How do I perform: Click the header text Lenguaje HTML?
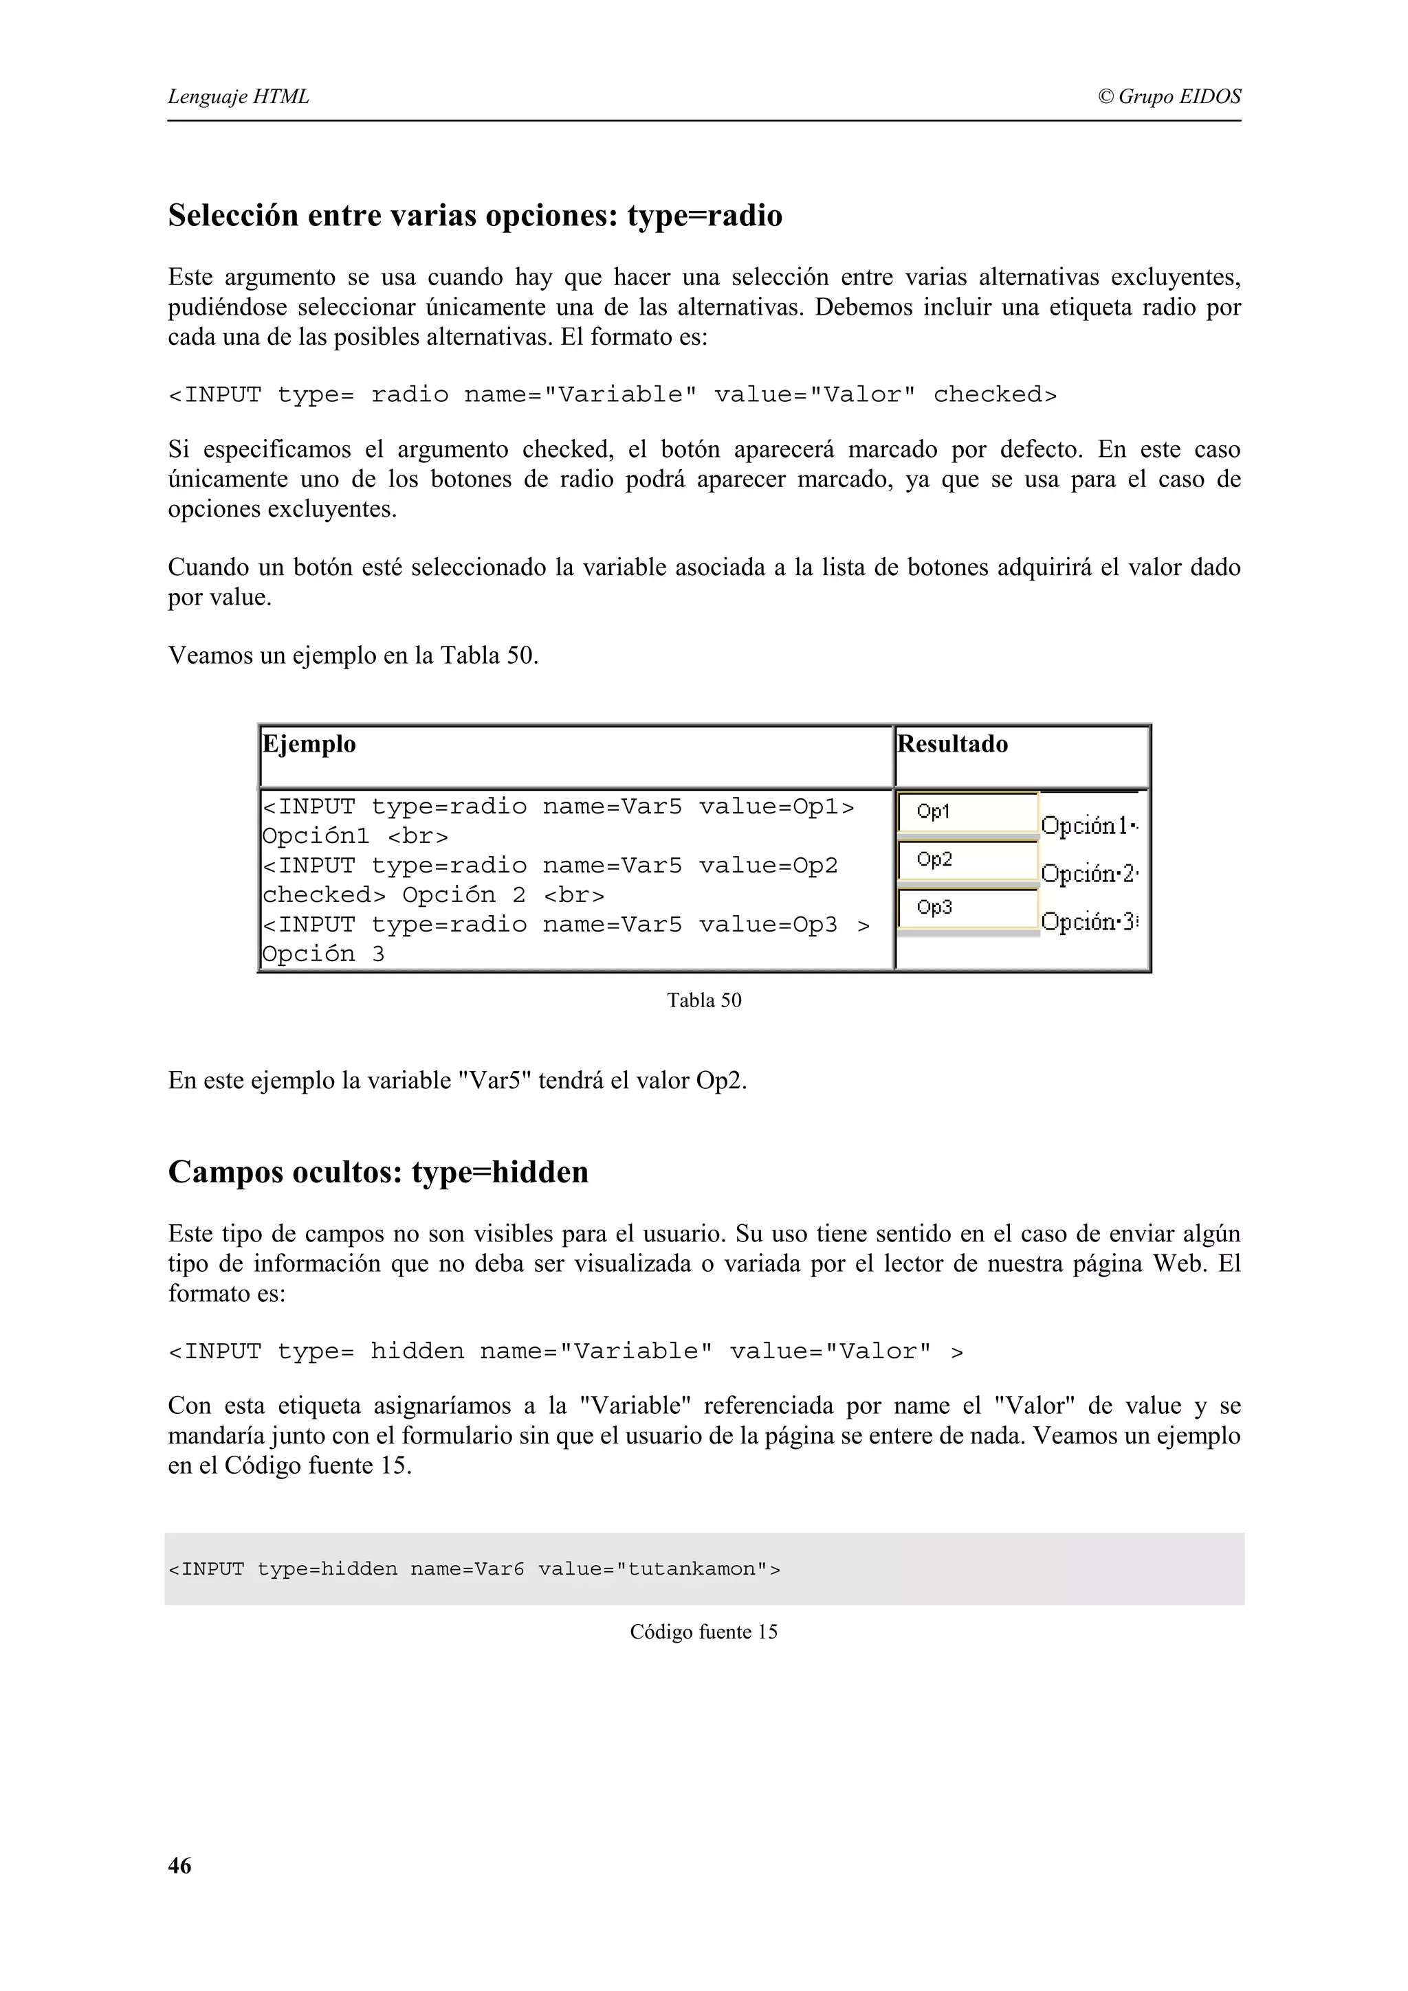coord(238,96)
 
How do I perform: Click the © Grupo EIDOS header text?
coord(1169,96)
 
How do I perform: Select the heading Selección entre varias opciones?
coord(474,215)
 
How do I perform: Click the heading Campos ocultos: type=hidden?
coord(378,1171)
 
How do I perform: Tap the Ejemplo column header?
coord(309,744)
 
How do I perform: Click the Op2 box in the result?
coord(967,860)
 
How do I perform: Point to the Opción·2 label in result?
coord(1089,874)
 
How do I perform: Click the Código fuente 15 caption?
coord(703,1631)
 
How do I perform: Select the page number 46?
coord(179,1865)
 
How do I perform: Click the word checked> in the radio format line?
coord(994,394)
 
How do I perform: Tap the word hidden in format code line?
coord(417,1351)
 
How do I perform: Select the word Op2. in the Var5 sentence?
coord(721,1081)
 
